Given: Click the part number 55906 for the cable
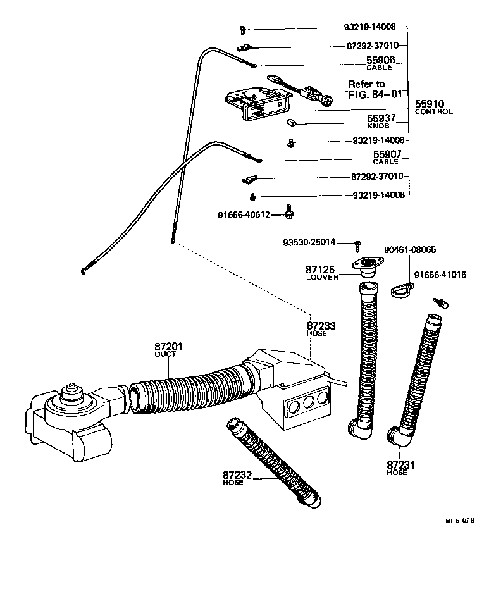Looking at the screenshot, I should pyautogui.click(x=380, y=60).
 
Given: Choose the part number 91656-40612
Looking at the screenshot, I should pyautogui.click(x=244, y=215).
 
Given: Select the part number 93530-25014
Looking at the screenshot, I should pyautogui.click(x=309, y=242).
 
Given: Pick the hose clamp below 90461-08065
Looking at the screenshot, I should pyautogui.click(x=399, y=290).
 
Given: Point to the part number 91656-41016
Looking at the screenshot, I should pyautogui.click(x=440, y=275).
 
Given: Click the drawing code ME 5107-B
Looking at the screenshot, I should pyautogui.click(x=459, y=521).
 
